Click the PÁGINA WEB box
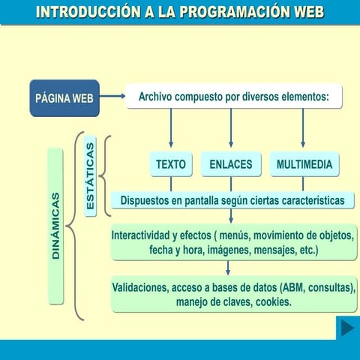64,97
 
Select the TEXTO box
171,164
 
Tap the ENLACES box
230,164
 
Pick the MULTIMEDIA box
304,164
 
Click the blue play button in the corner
346,328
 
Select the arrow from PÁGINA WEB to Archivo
112,96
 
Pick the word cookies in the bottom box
273,302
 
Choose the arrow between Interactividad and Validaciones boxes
228,268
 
